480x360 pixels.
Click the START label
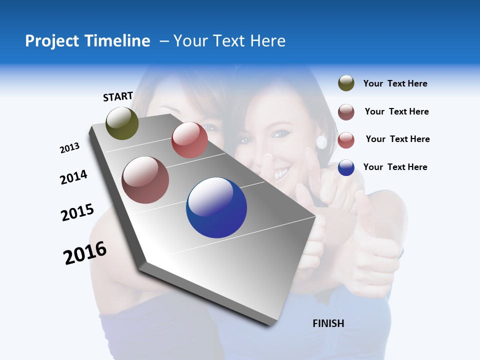[118, 96]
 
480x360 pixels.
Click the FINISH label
[328, 323]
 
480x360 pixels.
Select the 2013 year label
[69, 148]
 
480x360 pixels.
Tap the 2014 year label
[73, 177]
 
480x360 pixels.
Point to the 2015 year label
[77, 212]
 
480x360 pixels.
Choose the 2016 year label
[85, 253]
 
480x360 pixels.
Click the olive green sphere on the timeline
[122, 123]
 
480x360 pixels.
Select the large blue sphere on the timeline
[216, 207]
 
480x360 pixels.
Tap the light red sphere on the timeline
[189, 140]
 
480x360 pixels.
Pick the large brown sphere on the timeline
[145, 180]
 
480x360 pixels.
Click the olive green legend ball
[346, 83]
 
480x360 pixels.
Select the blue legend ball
[346, 167]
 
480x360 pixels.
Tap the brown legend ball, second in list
[346, 112]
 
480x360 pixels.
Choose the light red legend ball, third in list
[346, 140]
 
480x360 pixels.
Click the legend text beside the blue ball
[395, 167]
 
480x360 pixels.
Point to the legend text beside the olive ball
[395, 83]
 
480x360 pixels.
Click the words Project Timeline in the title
[87, 41]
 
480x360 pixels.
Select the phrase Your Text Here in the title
[229, 41]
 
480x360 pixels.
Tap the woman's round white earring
[321, 142]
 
